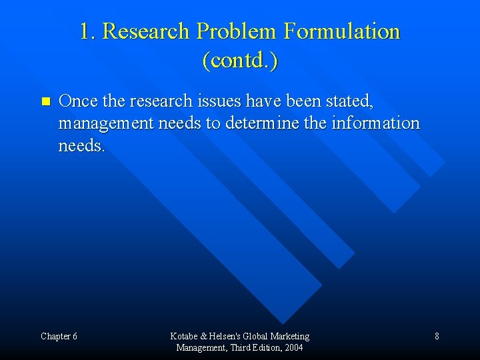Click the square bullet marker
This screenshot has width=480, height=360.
click(45, 102)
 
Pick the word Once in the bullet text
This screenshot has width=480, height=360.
click(77, 101)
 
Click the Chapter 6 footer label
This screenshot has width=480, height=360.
click(59, 336)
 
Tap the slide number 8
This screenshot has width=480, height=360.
click(437, 336)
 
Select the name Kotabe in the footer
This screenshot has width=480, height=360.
click(184, 336)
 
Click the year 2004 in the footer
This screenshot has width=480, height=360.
click(293, 347)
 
